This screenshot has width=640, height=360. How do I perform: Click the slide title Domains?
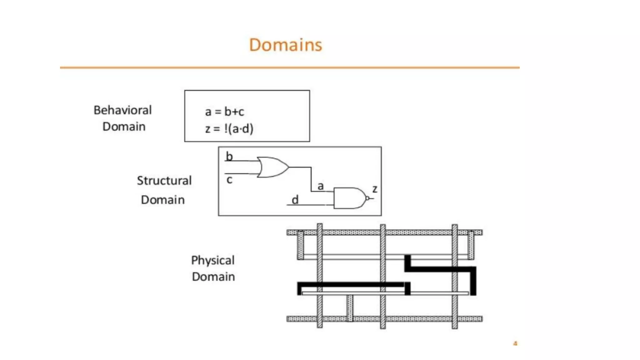pyautogui.click(x=285, y=45)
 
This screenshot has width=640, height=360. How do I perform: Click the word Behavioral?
pyautogui.click(x=122, y=110)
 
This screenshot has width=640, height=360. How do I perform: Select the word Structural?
pyautogui.click(x=164, y=181)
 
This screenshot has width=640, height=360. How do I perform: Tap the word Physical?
pyautogui.click(x=213, y=260)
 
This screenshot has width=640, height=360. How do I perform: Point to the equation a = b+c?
pyautogui.click(x=224, y=112)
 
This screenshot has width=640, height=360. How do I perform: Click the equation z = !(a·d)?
pyautogui.click(x=229, y=128)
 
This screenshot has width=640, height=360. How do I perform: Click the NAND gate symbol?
pyautogui.click(x=348, y=198)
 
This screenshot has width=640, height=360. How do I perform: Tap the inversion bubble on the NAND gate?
pyautogui.click(x=367, y=198)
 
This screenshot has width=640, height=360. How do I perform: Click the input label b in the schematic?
pyautogui.click(x=229, y=156)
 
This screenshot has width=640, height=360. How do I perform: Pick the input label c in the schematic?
pyautogui.click(x=229, y=180)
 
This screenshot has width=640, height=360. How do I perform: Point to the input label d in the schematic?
pyautogui.click(x=295, y=200)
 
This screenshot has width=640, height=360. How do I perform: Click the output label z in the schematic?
pyautogui.click(x=375, y=189)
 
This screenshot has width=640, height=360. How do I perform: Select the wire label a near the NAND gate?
pyautogui.click(x=320, y=186)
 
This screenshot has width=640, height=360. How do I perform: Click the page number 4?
pyautogui.click(x=515, y=343)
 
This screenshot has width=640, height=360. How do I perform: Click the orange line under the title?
pyautogui.click(x=289, y=67)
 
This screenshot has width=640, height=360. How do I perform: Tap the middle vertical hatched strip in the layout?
pyautogui.click(x=383, y=276)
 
